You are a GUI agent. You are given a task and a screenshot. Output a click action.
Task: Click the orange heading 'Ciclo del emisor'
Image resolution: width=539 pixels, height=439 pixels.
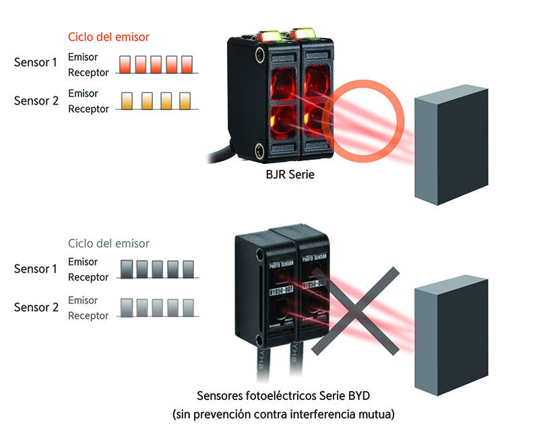108,36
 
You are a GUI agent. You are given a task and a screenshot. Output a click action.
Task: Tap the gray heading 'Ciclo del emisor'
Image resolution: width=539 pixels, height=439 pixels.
108,243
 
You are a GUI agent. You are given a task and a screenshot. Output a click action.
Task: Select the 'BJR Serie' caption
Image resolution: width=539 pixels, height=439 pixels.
289,175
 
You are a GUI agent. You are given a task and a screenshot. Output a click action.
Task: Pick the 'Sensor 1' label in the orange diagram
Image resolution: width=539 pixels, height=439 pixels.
36,63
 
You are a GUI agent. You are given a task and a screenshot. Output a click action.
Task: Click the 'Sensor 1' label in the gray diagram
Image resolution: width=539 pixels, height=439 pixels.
36,269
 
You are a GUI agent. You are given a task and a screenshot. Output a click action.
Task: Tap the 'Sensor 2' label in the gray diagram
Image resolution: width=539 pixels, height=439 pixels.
36,308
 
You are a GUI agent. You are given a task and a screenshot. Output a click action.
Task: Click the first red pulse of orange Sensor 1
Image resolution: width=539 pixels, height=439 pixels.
125,64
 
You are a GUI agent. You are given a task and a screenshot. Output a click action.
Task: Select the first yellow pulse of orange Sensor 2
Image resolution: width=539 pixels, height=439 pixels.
125,101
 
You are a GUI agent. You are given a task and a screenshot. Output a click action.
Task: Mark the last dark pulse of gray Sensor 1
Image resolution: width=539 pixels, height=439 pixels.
188,268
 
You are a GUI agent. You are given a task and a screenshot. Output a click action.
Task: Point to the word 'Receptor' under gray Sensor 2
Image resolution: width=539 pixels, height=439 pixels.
88,316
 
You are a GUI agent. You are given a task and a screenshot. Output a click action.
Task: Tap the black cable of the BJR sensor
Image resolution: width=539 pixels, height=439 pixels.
216,157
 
